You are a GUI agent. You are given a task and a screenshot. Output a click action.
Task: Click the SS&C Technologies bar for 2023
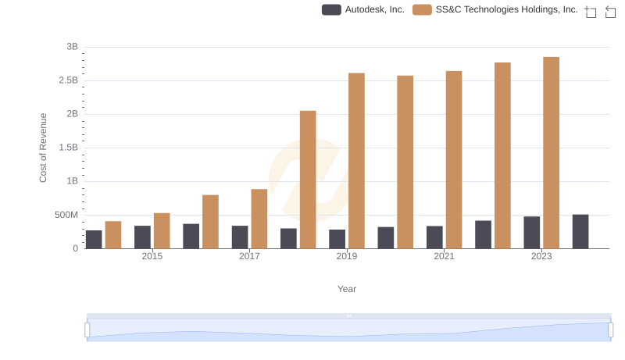pyautogui.click(x=552, y=153)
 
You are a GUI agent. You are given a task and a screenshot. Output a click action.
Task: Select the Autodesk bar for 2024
pyautogui.click(x=580, y=232)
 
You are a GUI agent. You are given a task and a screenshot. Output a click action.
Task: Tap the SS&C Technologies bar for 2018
pyautogui.click(x=308, y=180)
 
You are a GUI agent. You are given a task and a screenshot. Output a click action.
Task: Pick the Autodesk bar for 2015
pyautogui.click(x=142, y=237)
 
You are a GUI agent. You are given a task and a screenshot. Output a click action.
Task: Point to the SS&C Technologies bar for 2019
pyautogui.click(x=356, y=161)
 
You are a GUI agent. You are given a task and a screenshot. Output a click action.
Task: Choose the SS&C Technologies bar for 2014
pyautogui.click(x=113, y=235)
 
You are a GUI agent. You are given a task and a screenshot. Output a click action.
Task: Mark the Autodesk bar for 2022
pyautogui.click(x=483, y=234)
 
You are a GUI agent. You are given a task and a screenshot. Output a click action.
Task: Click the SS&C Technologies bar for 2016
pyautogui.click(x=210, y=222)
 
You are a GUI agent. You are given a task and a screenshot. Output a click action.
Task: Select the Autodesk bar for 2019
pyautogui.click(x=337, y=239)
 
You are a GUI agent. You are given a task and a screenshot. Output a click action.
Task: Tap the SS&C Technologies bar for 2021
pyautogui.click(x=454, y=160)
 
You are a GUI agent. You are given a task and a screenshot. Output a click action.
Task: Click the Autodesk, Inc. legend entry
pyautogui.click(x=363, y=10)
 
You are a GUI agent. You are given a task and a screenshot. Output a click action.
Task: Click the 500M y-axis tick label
pyautogui.click(x=65, y=215)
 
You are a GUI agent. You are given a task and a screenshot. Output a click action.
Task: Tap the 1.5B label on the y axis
pyautogui.click(x=68, y=148)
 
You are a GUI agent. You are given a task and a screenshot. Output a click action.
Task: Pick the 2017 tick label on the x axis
pyautogui.click(x=249, y=256)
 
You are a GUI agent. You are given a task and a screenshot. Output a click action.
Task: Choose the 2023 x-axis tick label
pyautogui.click(x=541, y=256)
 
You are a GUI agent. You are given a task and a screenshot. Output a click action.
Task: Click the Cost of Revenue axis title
pyautogui.click(x=44, y=148)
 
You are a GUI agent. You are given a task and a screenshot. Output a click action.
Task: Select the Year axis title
pyautogui.click(x=347, y=289)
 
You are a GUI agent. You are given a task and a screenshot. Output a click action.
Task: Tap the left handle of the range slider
pyautogui.click(x=87, y=330)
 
